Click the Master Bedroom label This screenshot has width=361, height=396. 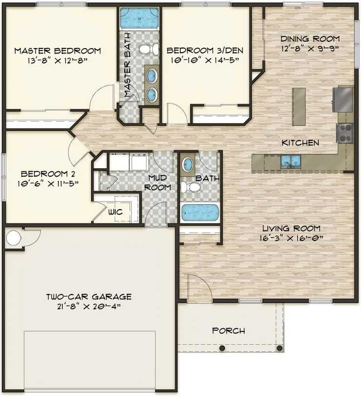(x=57, y=51)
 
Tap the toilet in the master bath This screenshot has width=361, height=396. (x=149, y=49)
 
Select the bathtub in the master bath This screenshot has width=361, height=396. (x=140, y=18)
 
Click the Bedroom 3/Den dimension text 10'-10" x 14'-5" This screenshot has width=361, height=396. (x=205, y=60)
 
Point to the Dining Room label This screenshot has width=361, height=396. (x=310, y=39)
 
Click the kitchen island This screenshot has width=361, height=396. (x=299, y=106)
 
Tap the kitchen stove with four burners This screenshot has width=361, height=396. (x=345, y=133)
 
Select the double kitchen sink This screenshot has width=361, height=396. (x=291, y=161)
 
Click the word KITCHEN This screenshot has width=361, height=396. (x=300, y=143)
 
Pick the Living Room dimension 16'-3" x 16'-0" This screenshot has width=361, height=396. (x=291, y=238)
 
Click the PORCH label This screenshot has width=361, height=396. (x=228, y=331)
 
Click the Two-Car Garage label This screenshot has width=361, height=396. (x=89, y=296)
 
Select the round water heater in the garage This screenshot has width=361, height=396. (x=13, y=238)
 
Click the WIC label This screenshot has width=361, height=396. (x=116, y=211)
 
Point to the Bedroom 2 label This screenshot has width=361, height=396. (x=48, y=174)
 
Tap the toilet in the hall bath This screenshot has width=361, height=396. (x=191, y=187)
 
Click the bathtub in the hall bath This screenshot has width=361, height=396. (x=200, y=213)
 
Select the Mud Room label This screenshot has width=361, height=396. (x=158, y=183)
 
